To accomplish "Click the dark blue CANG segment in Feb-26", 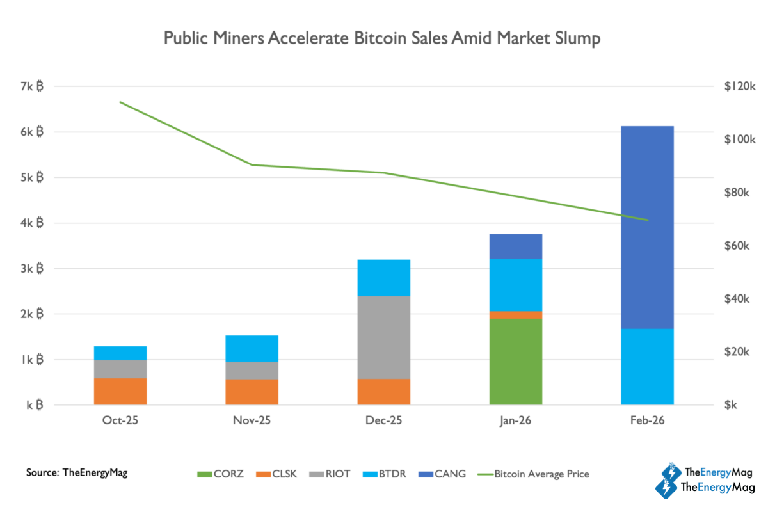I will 647,227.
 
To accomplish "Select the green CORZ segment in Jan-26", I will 515,361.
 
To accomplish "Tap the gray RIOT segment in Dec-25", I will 383,337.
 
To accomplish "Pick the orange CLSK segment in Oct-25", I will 120,391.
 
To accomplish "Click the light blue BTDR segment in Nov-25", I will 252,348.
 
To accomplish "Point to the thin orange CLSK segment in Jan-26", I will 515,314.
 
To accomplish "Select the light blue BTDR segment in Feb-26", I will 647,366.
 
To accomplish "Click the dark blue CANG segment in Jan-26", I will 515,246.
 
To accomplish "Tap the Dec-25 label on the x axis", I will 383,421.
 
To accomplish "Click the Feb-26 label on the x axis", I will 647,421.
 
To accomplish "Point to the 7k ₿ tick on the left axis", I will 31,86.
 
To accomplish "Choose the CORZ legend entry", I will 221,474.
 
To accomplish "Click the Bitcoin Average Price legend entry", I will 534,474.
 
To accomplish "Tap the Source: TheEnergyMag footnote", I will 77,473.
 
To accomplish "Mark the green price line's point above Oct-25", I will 120,102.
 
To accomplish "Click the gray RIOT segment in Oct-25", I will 120,369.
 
